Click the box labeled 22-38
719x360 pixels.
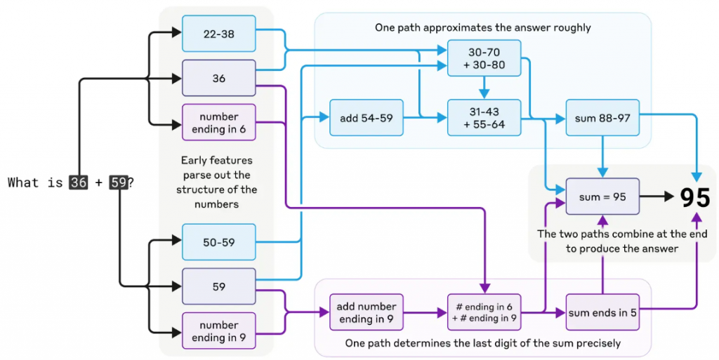coord(219,34)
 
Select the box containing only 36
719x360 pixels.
coord(219,78)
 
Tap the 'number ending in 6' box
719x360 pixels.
coord(219,122)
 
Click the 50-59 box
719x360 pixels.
coord(219,242)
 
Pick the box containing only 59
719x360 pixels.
coord(219,286)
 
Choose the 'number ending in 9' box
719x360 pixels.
coord(219,331)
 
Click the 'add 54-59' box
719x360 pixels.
coord(367,118)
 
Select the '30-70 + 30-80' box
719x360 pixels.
coord(484,58)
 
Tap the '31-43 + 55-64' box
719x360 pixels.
coord(484,118)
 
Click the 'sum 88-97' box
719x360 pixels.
coord(602,118)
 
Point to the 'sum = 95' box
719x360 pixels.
coord(602,196)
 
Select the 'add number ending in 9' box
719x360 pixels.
coord(367,312)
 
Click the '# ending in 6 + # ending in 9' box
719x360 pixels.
coord(484,312)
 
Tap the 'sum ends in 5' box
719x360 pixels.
coord(602,312)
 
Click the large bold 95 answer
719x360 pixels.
coord(694,197)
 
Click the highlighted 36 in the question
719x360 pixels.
coord(79,182)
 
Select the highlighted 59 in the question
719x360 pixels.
coord(118,182)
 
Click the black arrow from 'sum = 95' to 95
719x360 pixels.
coord(657,196)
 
